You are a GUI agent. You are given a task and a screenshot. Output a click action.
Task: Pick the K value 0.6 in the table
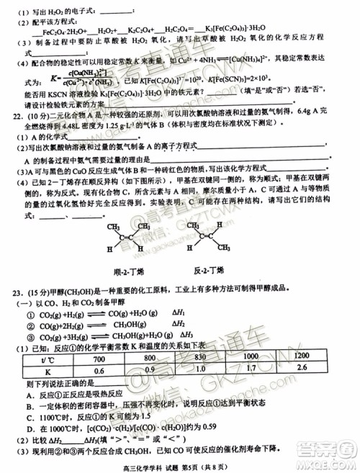(x=99, y=370)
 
